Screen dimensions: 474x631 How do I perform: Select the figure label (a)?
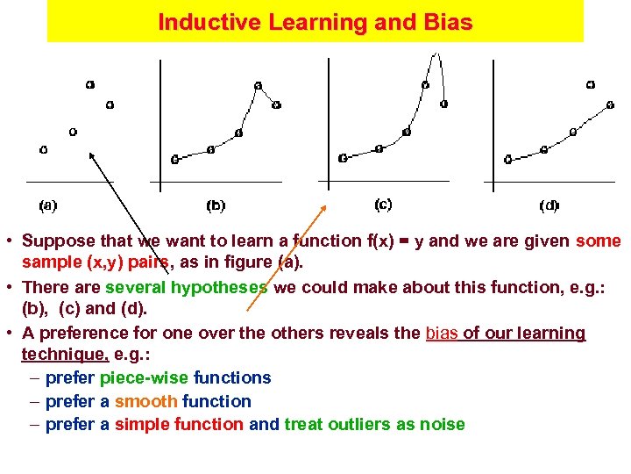48,205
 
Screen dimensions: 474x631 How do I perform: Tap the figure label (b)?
216,205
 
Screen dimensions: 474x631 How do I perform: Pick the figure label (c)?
383,204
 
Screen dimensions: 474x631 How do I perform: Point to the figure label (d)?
549,205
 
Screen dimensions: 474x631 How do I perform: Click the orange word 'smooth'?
145,401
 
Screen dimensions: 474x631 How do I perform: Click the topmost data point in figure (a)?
90,84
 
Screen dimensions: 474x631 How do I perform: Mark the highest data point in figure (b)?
258,85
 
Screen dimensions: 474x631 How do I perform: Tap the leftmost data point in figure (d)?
508,159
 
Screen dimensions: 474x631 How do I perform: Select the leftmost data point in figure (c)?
342,158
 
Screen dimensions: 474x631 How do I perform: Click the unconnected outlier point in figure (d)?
590,85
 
